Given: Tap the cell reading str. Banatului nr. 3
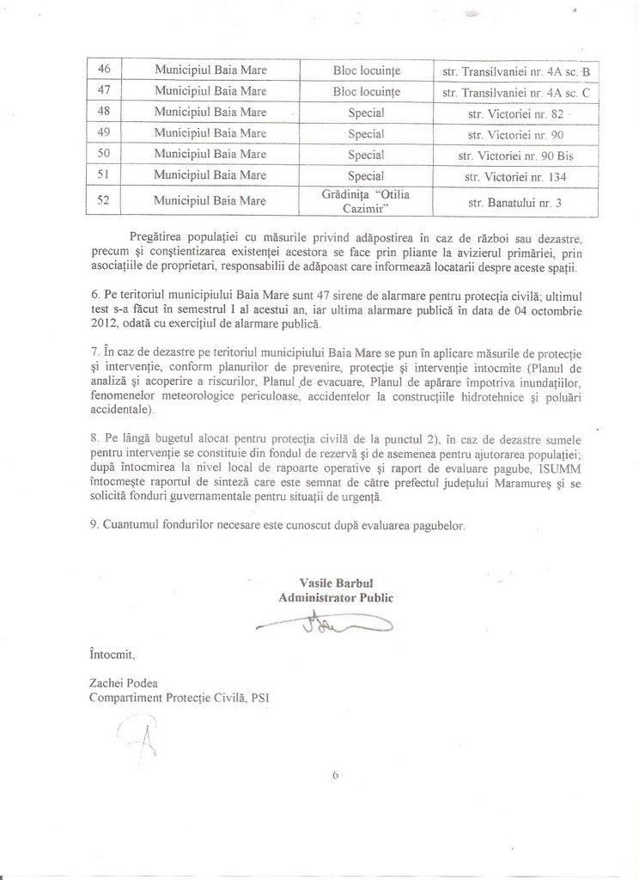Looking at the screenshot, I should coord(515,203).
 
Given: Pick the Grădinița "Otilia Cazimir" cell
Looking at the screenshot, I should coord(366,202).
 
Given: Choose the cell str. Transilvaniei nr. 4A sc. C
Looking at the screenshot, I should coord(515,90).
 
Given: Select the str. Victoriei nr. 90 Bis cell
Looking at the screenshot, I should coord(515,155).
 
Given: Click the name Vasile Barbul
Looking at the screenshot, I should coord(335,583).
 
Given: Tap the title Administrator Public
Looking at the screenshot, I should coord(336,597).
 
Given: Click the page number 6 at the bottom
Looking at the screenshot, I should coord(336,774).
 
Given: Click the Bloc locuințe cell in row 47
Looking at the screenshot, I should coord(366,90).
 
